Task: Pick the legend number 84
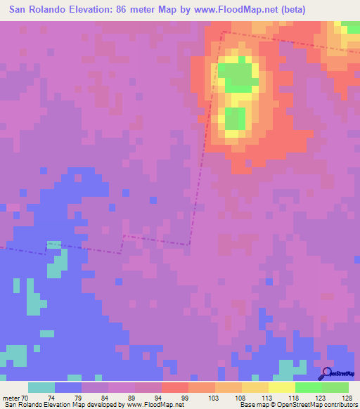pos(108,397)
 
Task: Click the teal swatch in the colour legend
pos(41,387)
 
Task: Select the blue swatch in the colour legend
pos(68,387)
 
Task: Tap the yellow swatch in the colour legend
pos(282,387)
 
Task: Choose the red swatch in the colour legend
pos(175,387)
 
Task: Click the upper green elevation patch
pos(236,74)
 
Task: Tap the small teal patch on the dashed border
pos(54,245)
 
